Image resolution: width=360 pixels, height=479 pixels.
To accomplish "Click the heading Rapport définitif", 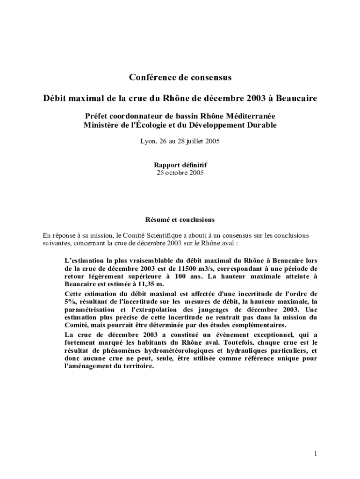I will click(x=180, y=165).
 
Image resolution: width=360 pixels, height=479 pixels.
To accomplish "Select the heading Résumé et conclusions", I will click(x=180, y=219).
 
